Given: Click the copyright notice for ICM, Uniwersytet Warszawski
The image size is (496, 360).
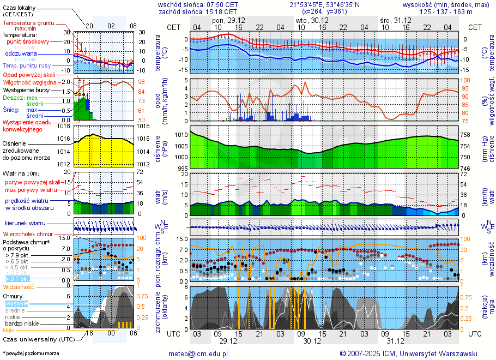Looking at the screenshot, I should click(x=408, y=353).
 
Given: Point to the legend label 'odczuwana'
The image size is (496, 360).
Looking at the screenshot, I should click(x=21, y=54).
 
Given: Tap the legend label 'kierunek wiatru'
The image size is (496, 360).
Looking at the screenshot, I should click(x=25, y=224).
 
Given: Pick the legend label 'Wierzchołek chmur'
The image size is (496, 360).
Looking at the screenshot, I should click(x=29, y=233).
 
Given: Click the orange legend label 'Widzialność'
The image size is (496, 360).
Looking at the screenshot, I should click(x=19, y=286).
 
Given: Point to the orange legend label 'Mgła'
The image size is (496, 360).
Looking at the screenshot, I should click(x=9, y=330).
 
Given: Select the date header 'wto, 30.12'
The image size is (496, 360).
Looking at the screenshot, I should click(x=309, y=20).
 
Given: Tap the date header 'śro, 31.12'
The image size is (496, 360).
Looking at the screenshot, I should click(x=395, y=20).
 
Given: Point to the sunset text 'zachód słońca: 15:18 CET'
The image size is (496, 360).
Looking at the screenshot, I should click(x=198, y=11).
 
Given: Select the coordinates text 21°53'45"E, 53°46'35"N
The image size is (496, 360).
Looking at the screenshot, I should click(x=325, y=4).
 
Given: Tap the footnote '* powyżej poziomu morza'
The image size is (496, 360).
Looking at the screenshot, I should click(x=31, y=353).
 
